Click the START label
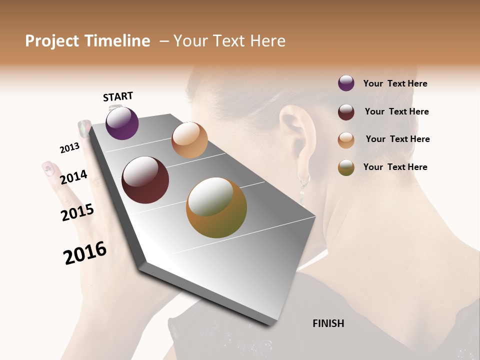(118, 96)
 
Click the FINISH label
(328, 323)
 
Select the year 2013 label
(69, 148)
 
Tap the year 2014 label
(73, 177)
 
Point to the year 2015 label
(77, 212)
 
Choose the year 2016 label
(85, 252)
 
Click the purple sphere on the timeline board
(122, 123)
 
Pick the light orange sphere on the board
(189, 140)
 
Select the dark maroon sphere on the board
(145, 180)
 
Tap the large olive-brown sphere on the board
(216, 207)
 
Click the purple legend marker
(346, 83)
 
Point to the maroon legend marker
(346, 112)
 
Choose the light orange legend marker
(346, 140)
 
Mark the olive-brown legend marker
(346, 167)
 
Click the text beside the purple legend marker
(395, 83)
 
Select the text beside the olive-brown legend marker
(395, 167)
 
